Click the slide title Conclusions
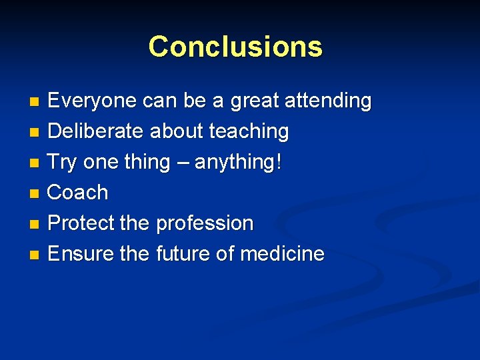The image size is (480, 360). [235, 47]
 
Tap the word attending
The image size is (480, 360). [328, 101]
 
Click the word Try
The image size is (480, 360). [63, 163]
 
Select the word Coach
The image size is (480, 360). [78, 193]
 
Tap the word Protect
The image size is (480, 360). [81, 223]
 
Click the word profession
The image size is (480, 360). [205, 223]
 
